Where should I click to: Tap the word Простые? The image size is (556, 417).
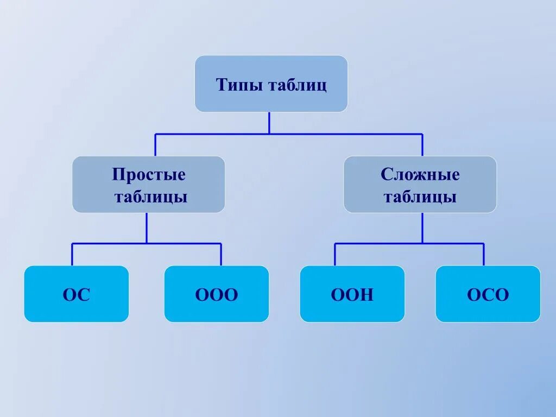tap(149, 175)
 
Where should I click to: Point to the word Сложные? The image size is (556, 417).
tap(420, 175)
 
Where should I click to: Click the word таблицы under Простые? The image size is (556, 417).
tap(151, 197)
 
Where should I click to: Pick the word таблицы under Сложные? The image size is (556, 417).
tap(420, 197)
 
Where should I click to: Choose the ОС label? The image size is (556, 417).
tap(77, 295)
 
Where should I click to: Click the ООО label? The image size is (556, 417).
tap(217, 295)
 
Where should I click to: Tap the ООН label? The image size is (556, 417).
tap(352, 295)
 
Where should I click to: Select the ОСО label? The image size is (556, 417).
tap(488, 295)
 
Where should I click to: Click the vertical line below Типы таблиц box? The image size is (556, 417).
tap(269, 123)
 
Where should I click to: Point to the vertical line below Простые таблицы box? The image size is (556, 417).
tap(147, 228)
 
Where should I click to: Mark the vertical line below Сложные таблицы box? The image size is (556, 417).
tap(422, 228)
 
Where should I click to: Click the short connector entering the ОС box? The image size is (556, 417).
tap(72, 255)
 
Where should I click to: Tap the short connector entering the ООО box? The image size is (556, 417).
tap(221, 255)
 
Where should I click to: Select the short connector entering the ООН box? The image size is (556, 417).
tap(334, 255)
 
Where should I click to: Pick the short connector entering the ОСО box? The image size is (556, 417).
tap(484, 255)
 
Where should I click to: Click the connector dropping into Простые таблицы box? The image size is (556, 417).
tap(155, 145)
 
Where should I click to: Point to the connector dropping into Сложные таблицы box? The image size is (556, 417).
tap(422, 145)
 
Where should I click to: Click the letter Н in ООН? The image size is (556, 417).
tap(368, 295)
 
